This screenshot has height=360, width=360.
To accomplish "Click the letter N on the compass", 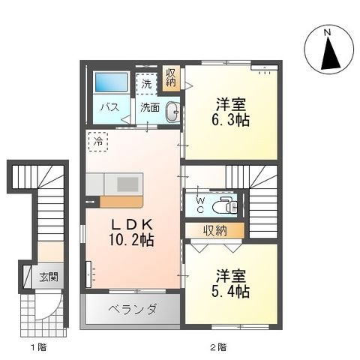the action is pos(328,32).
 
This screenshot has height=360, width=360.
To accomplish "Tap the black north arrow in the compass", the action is pos(331,53).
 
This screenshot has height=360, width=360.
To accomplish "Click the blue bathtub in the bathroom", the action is pos(112,82).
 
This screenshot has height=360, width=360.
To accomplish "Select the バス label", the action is pos(109,107).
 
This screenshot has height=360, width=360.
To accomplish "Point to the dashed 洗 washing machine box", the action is pos(146,84).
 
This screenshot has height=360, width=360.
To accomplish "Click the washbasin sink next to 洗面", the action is pos(172,112).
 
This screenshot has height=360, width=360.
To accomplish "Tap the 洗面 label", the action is pos(150,107).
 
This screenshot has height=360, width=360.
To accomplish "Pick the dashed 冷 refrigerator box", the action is pos(98,142).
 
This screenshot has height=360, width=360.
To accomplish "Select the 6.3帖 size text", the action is pos(230,120).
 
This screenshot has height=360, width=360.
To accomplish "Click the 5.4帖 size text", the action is pos(230,292).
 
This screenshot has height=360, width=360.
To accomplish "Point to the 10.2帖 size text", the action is pos(131,240).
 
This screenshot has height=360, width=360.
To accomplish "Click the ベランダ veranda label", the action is pos(133,309).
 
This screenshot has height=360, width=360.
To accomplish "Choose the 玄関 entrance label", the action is pos(49,277).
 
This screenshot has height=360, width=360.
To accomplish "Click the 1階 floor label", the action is pos(39,347).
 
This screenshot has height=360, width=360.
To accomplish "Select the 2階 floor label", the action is pos(218,347).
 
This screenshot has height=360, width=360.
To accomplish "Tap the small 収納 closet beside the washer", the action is pos(171,78).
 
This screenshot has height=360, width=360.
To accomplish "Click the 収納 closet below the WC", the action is pos(214,230).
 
